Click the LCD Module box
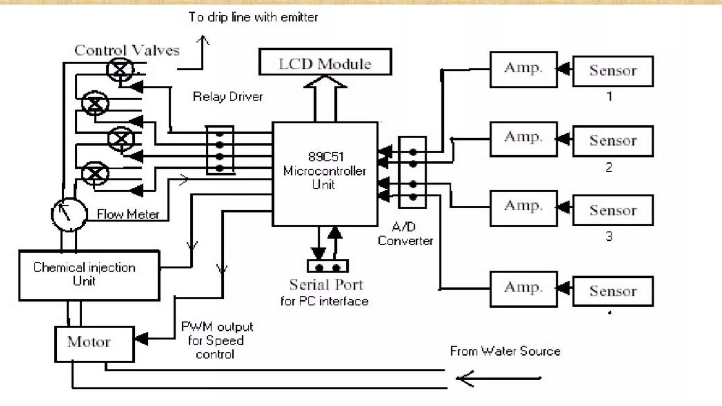pyautogui.click(x=325, y=62)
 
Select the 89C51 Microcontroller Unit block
pyautogui.click(x=325, y=174)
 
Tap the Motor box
pyautogui.click(x=94, y=344)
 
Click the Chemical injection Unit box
pyautogui.click(x=89, y=275)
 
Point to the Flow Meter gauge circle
pyautogui.click(x=69, y=214)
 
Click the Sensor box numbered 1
pyautogui.click(x=613, y=71)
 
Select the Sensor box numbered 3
pyautogui.click(x=613, y=210)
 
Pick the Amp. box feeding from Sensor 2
pyautogui.click(x=524, y=139)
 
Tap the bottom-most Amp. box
pyautogui.click(x=524, y=289)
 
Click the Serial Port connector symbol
pyautogui.click(x=328, y=266)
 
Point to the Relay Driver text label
pyautogui.click(x=228, y=97)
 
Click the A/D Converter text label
pyautogui.click(x=405, y=234)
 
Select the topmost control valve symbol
pyautogui.click(x=120, y=70)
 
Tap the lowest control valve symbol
pyautogui.click(x=95, y=173)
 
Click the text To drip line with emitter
pyautogui.click(x=253, y=17)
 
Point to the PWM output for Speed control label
pyautogui.click(x=216, y=340)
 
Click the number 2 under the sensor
pyautogui.click(x=609, y=167)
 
